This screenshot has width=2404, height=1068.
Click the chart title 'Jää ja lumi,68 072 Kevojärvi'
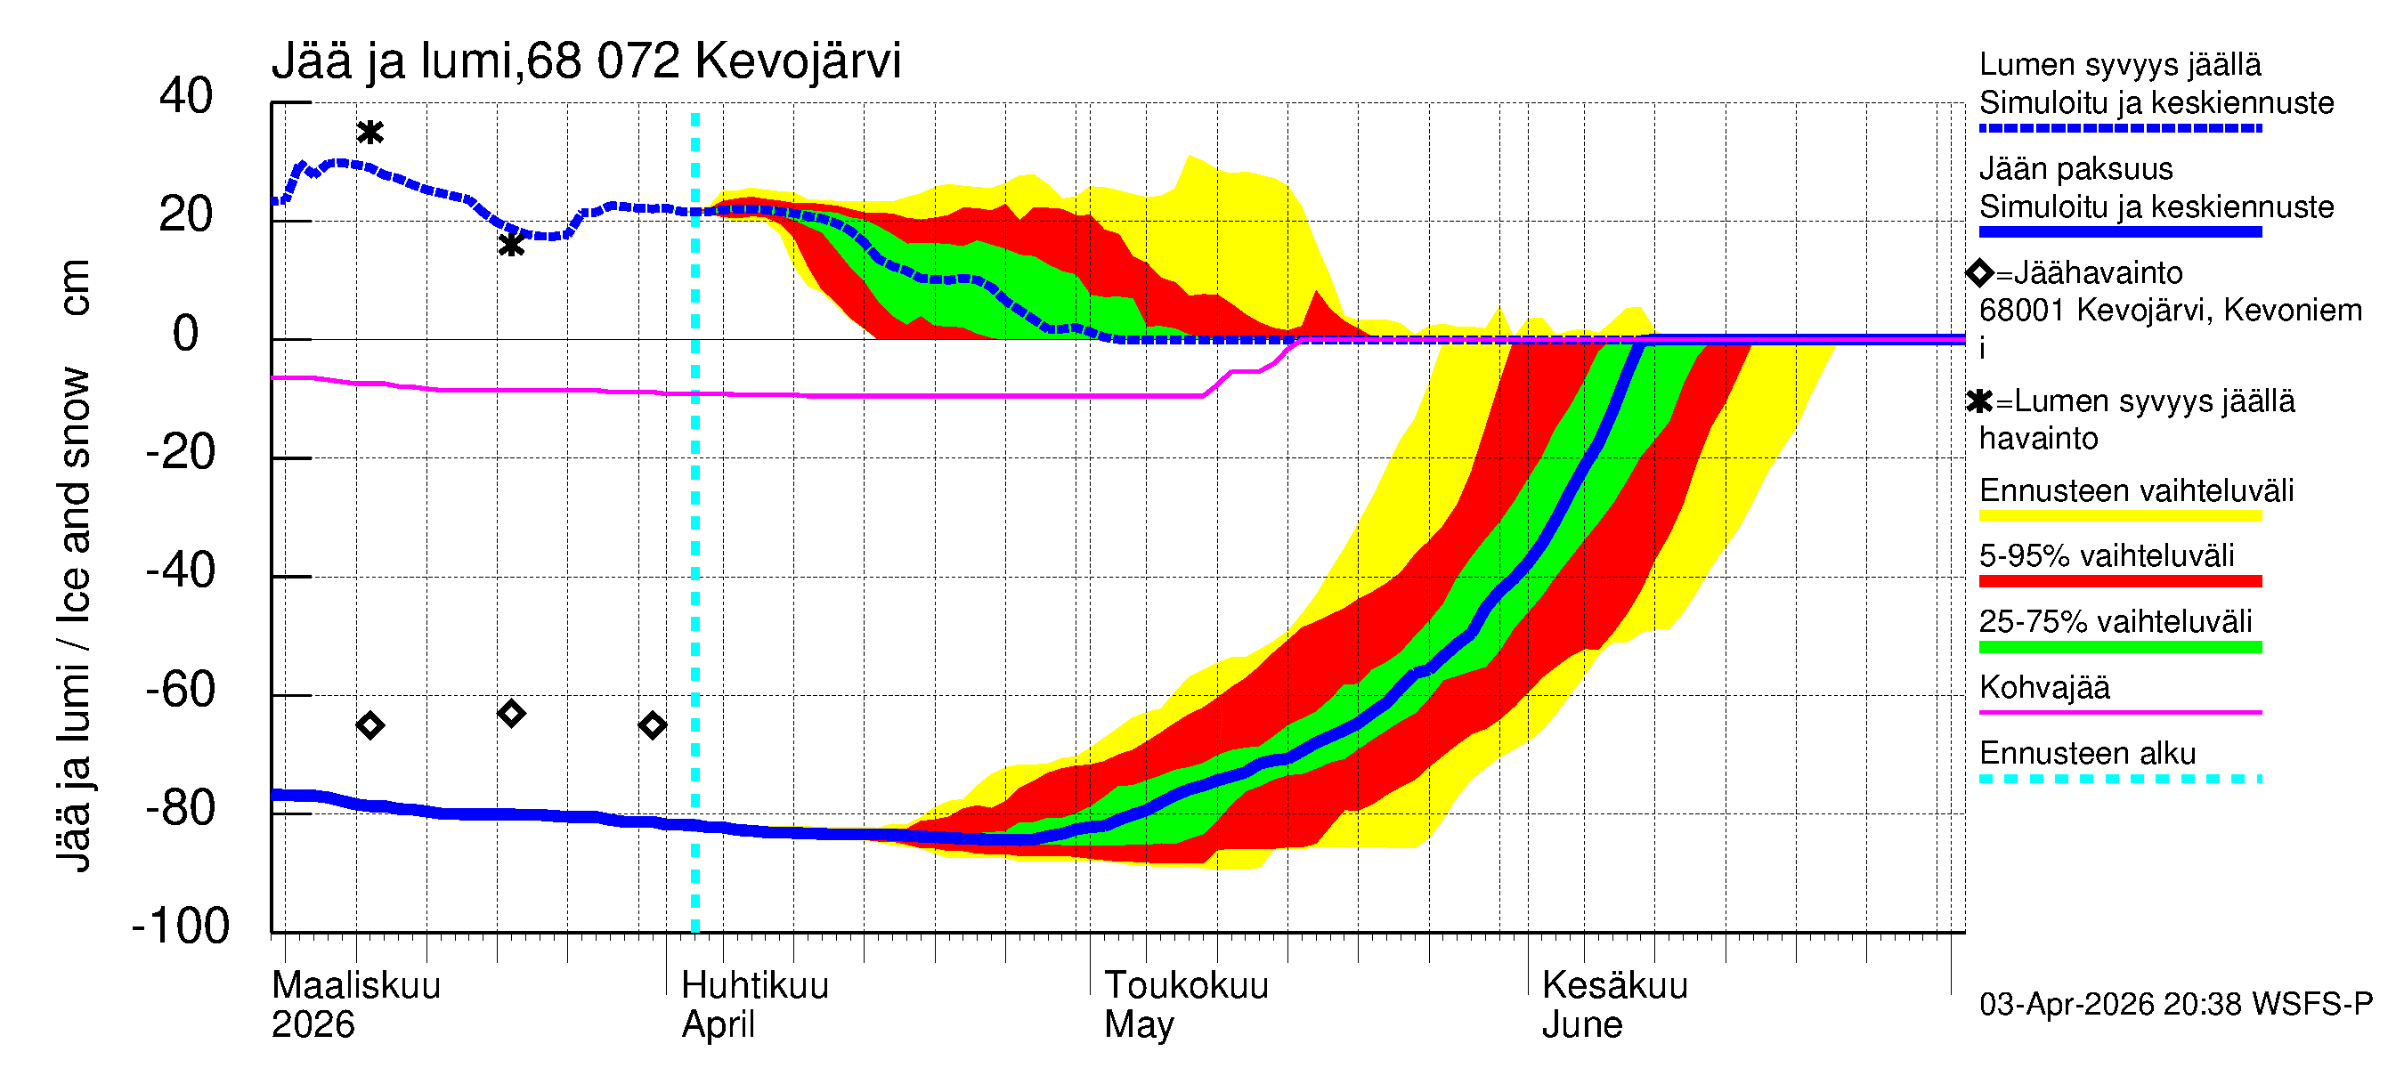tap(586, 61)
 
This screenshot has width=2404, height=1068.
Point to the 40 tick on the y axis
tap(186, 96)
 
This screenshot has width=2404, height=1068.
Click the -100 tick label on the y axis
tap(181, 926)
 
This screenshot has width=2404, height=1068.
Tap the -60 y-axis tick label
tap(181, 691)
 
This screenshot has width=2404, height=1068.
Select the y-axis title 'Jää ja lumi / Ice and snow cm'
tap(74, 565)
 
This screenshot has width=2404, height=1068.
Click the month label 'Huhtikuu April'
tap(754, 1005)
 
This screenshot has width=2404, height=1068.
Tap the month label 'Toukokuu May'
tap(1185, 1005)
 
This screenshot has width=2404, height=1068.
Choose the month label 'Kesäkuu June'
tap(1613, 1005)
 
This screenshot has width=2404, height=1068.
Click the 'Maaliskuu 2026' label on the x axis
tap(355, 1005)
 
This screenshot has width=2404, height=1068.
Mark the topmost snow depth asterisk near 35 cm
tap(370, 133)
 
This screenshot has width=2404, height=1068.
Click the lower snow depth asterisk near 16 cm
tap(510, 246)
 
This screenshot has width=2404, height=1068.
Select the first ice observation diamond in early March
tap(370, 725)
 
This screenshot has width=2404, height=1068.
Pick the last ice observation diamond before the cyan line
tap(653, 725)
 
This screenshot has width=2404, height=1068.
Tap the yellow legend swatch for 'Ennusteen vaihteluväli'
tap(2119, 516)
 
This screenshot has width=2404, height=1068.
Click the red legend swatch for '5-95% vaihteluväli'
tap(2119, 581)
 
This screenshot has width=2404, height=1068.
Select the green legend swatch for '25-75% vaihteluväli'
tap(2119, 647)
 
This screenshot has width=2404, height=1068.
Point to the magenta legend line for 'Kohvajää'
tap(2119, 713)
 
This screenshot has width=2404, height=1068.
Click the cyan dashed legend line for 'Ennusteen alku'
tap(2119, 779)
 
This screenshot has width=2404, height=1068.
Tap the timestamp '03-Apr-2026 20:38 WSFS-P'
tap(2174, 1005)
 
